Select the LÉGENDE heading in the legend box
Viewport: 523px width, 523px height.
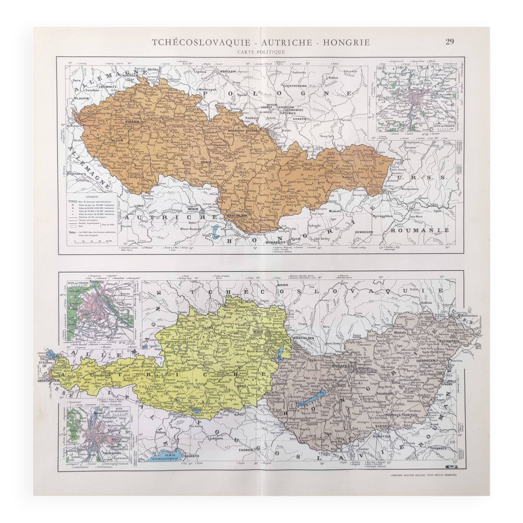92,197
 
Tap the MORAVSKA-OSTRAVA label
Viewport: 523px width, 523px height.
244,131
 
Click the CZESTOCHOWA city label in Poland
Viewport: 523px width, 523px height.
294,86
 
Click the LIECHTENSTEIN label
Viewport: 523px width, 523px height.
49,380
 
